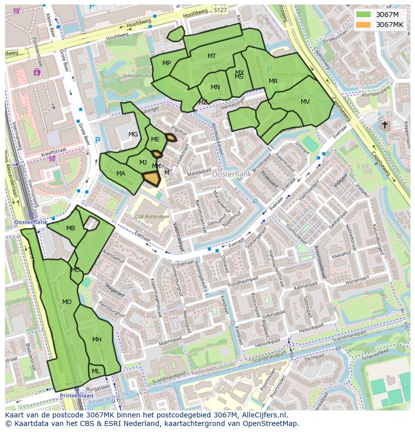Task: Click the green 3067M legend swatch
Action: tap(363, 15)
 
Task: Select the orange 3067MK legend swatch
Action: tap(363, 25)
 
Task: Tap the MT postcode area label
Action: tap(212, 56)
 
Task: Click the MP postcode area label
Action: tap(167, 63)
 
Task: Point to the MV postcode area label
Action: tap(305, 102)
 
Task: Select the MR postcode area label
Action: tap(273, 81)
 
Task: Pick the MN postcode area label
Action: tap(215, 87)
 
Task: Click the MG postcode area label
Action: tap(133, 134)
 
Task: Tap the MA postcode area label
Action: tap(121, 174)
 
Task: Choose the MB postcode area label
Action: tap(71, 228)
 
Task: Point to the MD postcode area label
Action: tap(67, 302)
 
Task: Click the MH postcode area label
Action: tap(97, 340)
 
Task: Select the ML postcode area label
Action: tap(96, 371)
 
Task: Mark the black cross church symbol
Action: tap(384, 124)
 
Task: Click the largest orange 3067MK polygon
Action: tap(151, 178)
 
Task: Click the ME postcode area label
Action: tap(155, 139)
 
